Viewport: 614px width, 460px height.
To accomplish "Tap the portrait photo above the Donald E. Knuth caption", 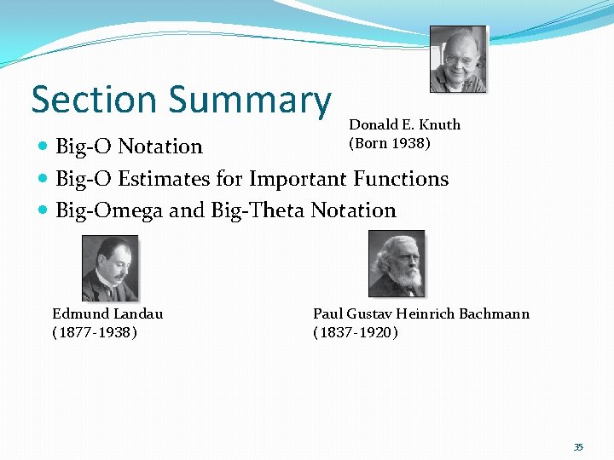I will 458,59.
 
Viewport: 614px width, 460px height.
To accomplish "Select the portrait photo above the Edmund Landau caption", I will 109,268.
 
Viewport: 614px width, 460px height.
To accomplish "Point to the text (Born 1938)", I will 390,142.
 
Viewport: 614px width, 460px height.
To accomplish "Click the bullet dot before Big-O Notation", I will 43,147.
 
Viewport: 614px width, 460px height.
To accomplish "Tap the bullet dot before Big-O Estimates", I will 43,180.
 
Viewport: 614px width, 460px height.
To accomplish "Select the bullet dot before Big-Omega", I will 43,210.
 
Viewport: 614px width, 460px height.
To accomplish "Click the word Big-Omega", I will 109,210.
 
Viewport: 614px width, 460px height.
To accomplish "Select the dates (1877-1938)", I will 95,331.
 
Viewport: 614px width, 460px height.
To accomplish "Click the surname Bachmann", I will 494,313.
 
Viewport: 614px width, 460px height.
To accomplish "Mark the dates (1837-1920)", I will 356,331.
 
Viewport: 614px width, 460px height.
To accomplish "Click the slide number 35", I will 578,447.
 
